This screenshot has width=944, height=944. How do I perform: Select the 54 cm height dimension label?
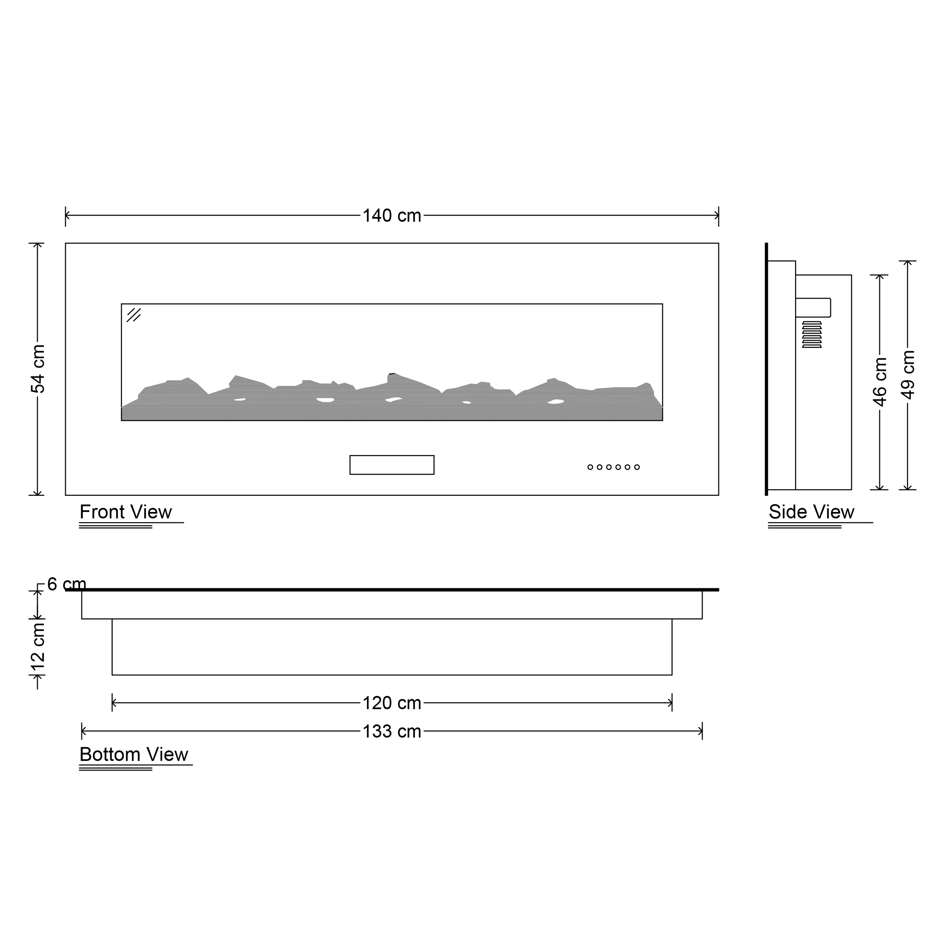click(38, 369)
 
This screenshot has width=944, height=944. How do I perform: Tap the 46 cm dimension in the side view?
click(879, 382)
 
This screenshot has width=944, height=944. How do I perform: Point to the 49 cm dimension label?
click(907, 375)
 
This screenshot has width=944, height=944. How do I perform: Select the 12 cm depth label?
click(38, 648)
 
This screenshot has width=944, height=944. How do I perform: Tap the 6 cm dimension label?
click(66, 584)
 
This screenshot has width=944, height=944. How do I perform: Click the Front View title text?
click(126, 512)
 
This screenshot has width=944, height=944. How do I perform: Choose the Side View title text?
click(811, 512)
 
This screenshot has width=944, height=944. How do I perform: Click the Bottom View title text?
click(133, 754)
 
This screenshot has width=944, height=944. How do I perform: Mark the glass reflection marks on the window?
click(133, 315)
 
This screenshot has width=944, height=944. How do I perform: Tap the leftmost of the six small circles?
click(590, 467)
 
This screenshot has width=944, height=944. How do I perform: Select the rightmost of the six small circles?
click(637, 467)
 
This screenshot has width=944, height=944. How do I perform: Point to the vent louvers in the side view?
click(811, 335)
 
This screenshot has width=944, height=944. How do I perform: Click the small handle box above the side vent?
click(813, 307)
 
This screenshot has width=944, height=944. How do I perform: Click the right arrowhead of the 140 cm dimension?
click(716, 216)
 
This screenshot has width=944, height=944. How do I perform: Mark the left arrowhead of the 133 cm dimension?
click(83, 731)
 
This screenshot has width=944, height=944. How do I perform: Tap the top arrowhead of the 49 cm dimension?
click(907, 263)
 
